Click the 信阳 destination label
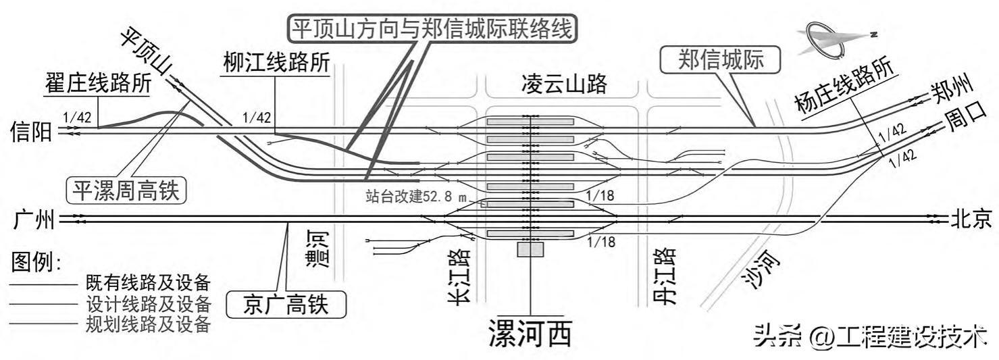coord(31,132)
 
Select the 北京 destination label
coord(971,220)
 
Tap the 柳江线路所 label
coord(277,63)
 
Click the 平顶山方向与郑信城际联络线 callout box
coord(433,28)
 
